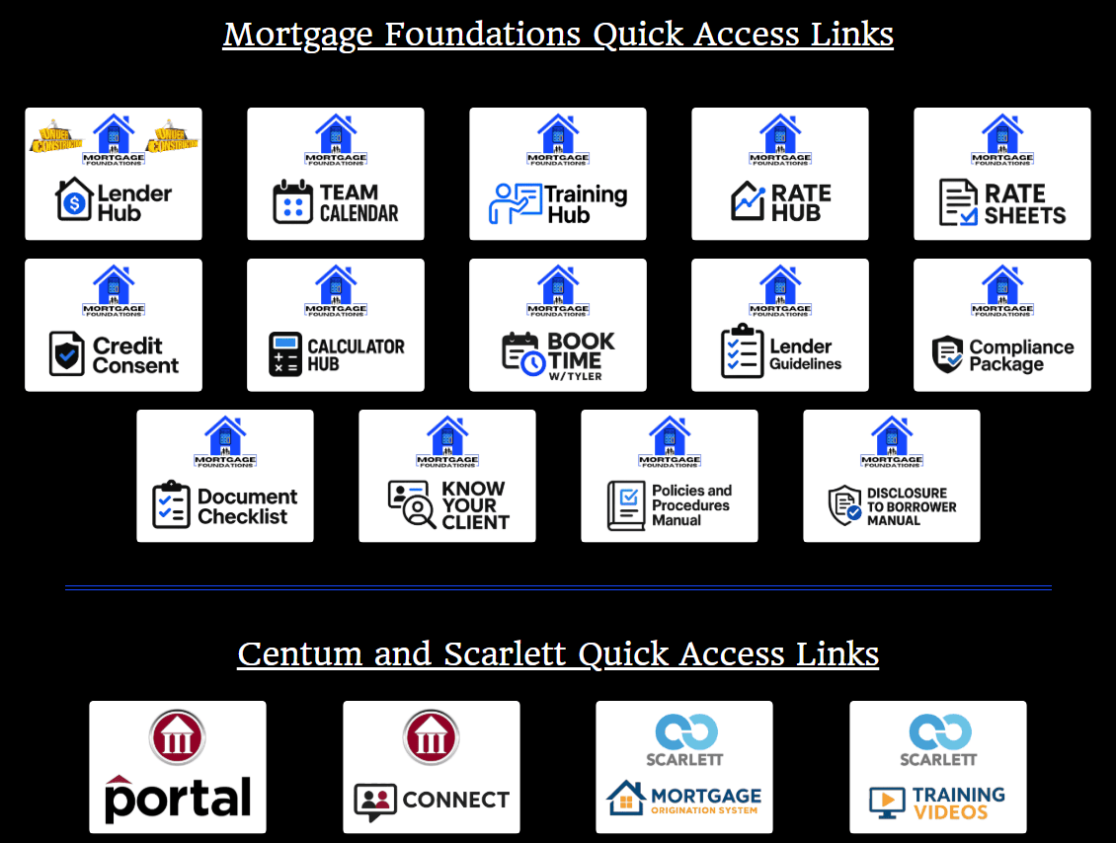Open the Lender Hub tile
(x=114, y=174)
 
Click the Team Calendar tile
(x=336, y=174)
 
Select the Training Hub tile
(x=558, y=174)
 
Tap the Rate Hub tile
(x=780, y=174)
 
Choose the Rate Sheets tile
(x=1002, y=174)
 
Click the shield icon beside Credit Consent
(x=67, y=353)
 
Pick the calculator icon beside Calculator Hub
(x=285, y=353)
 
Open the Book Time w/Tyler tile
(x=558, y=325)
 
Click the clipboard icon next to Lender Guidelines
(x=738, y=351)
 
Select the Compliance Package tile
(x=1002, y=325)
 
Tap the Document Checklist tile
(x=225, y=476)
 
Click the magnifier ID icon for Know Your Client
(x=412, y=503)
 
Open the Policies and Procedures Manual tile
(x=670, y=476)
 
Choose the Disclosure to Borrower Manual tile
(x=892, y=476)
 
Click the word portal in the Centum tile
(x=178, y=798)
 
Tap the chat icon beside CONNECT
(x=375, y=803)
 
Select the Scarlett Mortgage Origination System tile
(x=684, y=767)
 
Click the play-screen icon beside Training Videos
(x=887, y=802)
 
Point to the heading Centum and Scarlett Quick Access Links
(x=558, y=653)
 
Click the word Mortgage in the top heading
(x=298, y=35)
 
